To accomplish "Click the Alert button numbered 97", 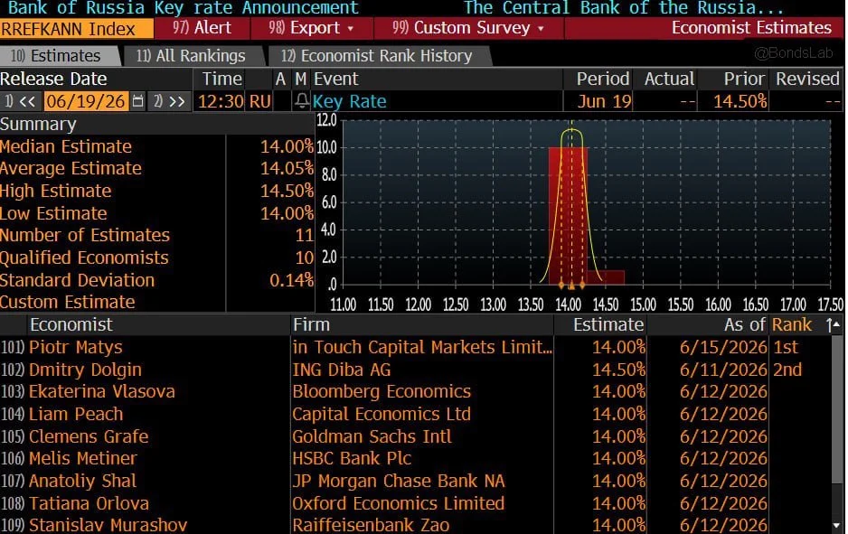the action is coord(202,28).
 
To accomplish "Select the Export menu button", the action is coord(311,28).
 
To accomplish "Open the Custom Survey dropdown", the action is coord(467,28).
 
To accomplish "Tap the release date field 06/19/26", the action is coord(86,101).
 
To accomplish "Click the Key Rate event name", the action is coord(349,101).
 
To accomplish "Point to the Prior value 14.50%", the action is coord(740,101).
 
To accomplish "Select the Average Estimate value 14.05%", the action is coord(287,169).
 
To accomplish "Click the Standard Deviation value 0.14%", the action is coord(291,280).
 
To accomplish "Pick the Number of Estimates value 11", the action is coord(304,235).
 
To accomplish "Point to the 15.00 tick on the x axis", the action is coord(643,304).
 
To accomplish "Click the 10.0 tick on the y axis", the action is coord(326,147).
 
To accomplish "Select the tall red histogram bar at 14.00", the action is coord(568,215).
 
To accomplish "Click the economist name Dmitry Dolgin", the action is coord(85,370).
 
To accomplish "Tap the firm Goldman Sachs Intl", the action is coord(372,436).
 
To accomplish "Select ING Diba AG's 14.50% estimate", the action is coord(618,370).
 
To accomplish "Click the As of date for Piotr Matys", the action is coord(723,347).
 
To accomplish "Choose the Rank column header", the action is coord(791,324).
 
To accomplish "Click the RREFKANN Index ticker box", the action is coord(76,28).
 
